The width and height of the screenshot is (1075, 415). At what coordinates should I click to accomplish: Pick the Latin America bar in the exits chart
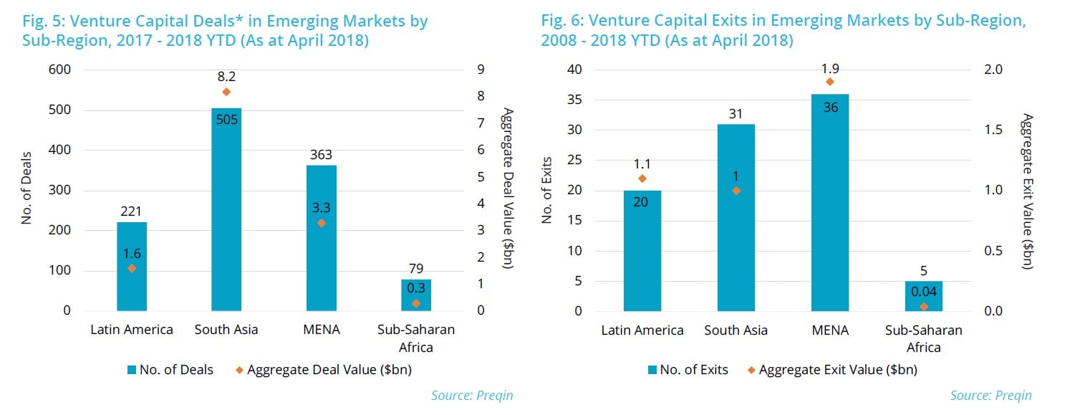click(642, 250)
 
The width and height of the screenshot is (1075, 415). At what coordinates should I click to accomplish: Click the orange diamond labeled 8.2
click(226, 92)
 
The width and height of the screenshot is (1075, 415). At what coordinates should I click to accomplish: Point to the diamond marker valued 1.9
click(830, 82)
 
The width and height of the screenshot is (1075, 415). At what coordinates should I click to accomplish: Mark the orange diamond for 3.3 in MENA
click(321, 223)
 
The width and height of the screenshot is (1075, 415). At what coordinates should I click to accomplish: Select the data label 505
click(226, 120)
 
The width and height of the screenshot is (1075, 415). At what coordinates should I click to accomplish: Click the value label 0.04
click(924, 292)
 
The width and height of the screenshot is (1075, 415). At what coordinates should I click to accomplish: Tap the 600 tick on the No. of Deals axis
click(61, 70)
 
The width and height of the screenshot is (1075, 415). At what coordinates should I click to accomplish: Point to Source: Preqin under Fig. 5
click(472, 395)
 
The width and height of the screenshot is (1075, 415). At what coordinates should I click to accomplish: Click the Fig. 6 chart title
click(784, 30)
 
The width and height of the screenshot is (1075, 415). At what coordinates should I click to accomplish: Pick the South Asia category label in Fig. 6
click(736, 330)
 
